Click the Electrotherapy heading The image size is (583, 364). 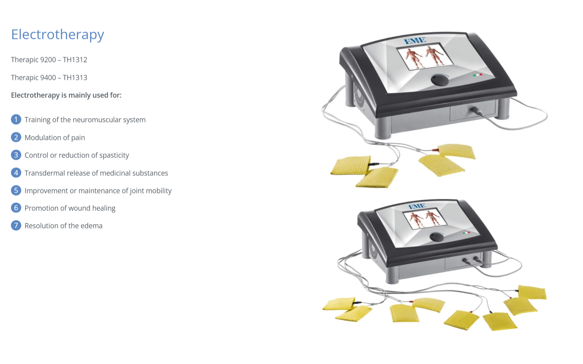[58, 35]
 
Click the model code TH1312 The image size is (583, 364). [75, 60]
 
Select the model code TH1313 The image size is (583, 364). [75, 78]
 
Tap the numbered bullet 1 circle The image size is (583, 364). [16, 120]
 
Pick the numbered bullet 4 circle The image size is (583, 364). [16, 173]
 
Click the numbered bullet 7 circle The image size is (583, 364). [16, 226]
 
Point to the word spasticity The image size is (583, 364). [114, 156]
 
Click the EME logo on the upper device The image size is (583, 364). [415, 41]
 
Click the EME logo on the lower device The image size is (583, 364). [417, 207]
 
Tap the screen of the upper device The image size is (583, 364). [425, 57]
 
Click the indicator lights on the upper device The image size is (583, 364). [477, 75]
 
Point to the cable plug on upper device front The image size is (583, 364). [476, 111]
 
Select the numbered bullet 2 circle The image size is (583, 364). [16, 137]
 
